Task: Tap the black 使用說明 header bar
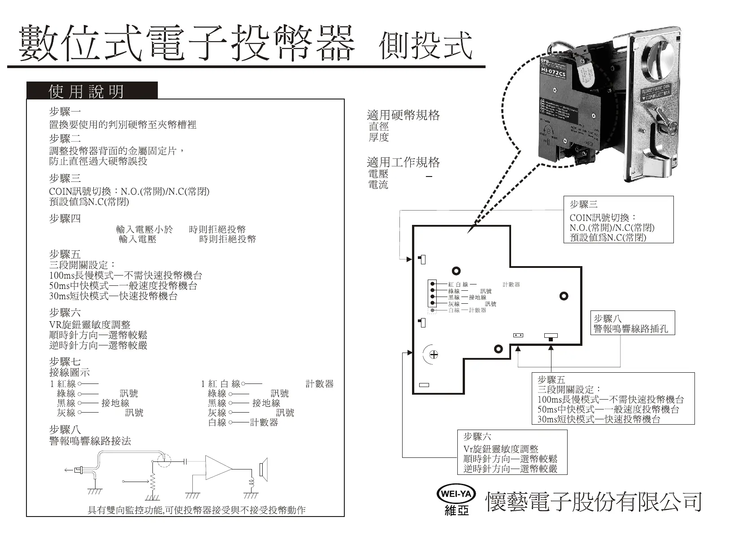coord(92,91)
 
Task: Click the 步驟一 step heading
coord(65,112)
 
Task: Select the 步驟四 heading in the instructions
coord(65,219)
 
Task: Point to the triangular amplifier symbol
coord(218,469)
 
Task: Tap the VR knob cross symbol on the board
coord(434,355)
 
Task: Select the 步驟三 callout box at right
coord(618,220)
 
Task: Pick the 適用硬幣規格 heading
coord(403,115)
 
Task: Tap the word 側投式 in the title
coord(425,45)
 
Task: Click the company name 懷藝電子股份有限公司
coord(594,502)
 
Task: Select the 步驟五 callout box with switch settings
coord(612,399)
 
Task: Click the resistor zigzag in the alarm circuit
coord(152,482)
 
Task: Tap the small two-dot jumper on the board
coord(519,336)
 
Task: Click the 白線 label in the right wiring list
coord(217,422)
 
